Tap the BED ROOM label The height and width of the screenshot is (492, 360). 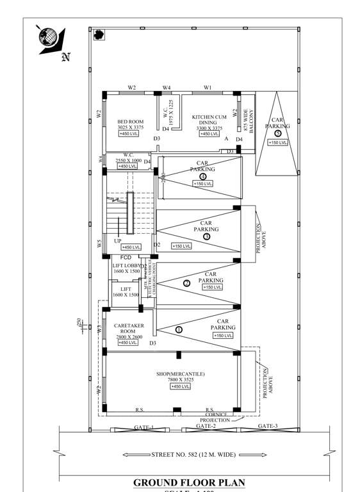point(130,122)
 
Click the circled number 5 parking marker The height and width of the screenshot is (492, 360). point(277,133)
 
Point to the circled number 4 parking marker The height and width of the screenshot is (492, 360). point(202,176)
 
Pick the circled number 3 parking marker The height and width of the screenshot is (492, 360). point(206,236)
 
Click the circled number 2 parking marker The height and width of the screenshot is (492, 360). point(187,283)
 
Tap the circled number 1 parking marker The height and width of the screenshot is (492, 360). point(179,329)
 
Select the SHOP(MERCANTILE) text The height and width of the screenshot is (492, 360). point(180,374)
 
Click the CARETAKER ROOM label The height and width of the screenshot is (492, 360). point(128,329)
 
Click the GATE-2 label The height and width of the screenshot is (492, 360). point(206,426)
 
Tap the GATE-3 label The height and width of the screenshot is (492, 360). point(268,426)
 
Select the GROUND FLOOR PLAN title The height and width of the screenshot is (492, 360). point(188,482)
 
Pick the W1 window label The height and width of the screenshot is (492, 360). point(208,87)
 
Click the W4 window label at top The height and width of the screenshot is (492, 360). point(167,87)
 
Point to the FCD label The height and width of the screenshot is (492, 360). point(126,257)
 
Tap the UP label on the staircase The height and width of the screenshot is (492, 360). point(118,241)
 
